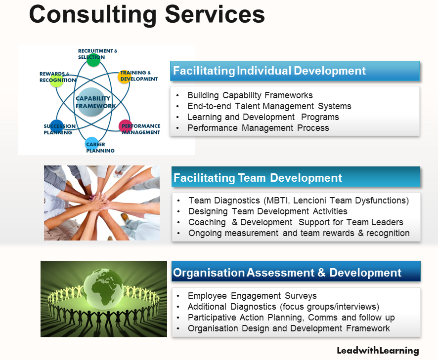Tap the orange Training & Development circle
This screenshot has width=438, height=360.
[124, 77]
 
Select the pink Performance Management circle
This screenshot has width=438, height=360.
[125, 126]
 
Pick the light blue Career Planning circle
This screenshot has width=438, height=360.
[91, 143]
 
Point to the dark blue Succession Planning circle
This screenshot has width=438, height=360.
[57, 126]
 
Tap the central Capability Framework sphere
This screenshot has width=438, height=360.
[91, 102]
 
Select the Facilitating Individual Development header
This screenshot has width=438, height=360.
[295, 71]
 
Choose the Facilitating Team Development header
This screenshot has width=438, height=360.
[296, 177]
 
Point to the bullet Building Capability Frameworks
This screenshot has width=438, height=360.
[250, 95]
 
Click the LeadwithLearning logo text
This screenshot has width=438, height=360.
[378, 351]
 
